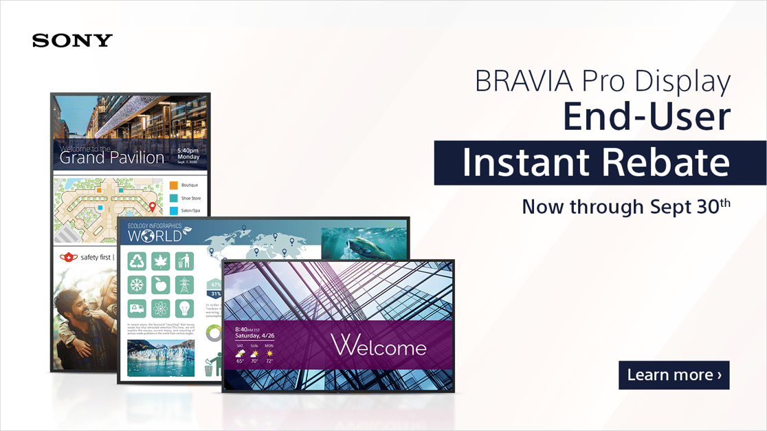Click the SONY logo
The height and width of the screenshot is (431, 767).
coord(72,41)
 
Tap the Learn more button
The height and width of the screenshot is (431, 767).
coord(674,375)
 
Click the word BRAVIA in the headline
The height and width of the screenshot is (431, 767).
coord(515,82)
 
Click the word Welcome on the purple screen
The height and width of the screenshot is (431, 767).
coord(379,346)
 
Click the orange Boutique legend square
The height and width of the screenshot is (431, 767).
coord(174,186)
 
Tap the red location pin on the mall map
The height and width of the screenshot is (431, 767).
coord(152,206)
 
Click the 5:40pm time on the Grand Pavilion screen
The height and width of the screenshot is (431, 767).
coord(188,150)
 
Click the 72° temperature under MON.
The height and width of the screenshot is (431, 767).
coord(269,360)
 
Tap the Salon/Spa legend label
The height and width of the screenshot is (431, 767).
coord(191,211)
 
